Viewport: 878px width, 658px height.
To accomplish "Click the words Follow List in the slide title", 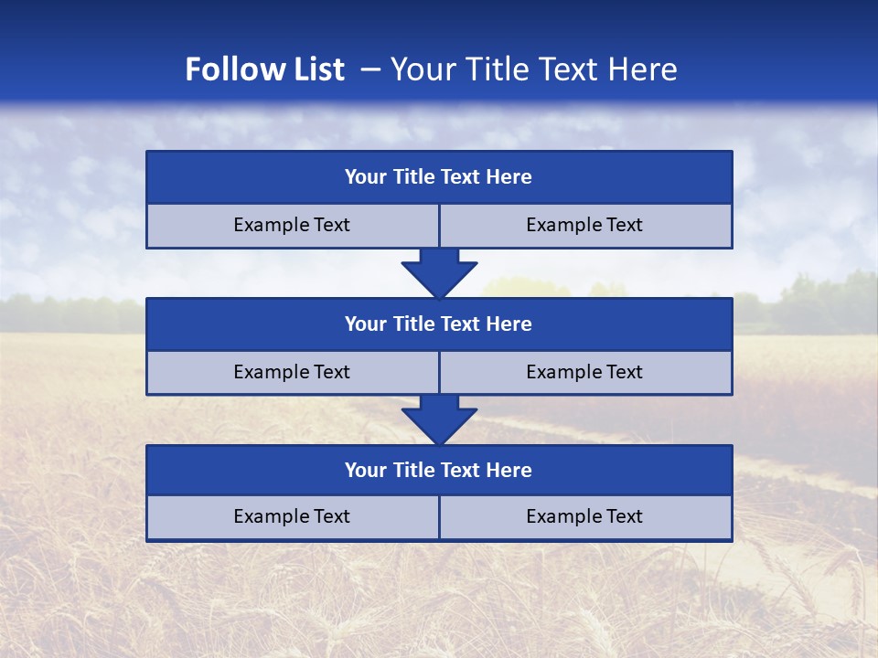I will click(264, 69).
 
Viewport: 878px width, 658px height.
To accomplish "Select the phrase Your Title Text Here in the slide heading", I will click(534, 69).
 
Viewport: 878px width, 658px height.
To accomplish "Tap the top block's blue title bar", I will click(439, 177).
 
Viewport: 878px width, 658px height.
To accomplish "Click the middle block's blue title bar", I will click(439, 324).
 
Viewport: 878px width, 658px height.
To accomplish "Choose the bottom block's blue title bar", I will click(439, 471).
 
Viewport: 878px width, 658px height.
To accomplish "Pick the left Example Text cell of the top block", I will click(292, 226).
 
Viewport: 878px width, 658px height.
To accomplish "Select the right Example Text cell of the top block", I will click(585, 226).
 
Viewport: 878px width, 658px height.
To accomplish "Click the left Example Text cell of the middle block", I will click(292, 373).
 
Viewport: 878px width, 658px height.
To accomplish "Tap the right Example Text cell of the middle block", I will click(585, 373).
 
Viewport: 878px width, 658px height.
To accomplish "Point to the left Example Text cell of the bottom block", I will click(292, 517).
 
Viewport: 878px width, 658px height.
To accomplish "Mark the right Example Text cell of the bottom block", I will click(585, 517).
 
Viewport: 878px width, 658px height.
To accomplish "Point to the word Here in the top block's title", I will click(509, 177).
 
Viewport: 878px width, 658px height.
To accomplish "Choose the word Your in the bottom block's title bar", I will click(365, 471).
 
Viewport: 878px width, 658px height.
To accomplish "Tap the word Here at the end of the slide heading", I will click(646, 69).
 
